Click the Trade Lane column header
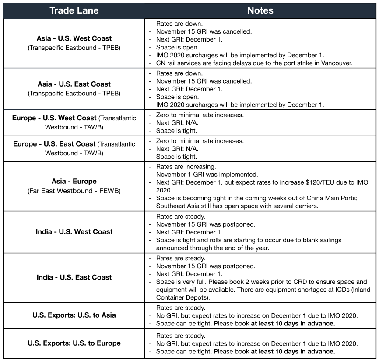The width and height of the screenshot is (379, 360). (x=74, y=10)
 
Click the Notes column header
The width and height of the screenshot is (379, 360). (x=260, y=10)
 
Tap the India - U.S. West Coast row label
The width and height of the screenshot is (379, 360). (x=74, y=232)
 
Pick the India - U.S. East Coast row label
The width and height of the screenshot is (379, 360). (x=74, y=277)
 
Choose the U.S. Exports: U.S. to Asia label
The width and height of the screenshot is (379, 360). (x=74, y=315)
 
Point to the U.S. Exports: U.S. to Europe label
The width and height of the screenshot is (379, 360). (x=74, y=343)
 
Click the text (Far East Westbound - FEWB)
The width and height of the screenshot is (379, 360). (x=74, y=191)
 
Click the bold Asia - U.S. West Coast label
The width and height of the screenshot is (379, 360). (x=74, y=38)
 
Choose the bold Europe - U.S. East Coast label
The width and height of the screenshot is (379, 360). (x=54, y=144)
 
